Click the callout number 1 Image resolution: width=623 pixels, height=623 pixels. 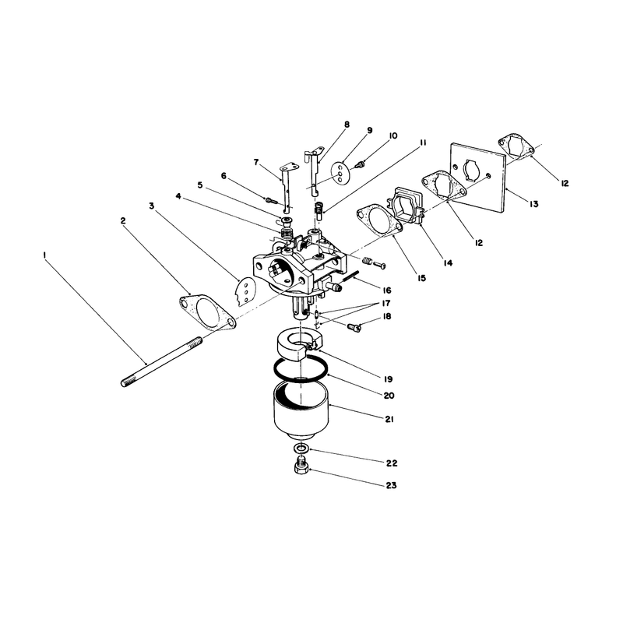click(45, 254)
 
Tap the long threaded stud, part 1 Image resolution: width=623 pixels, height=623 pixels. click(161, 362)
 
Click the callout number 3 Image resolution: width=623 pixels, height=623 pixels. click(151, 206)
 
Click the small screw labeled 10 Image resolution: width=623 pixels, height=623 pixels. click(361, 164)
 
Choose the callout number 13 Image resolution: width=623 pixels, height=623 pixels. click(533, 204)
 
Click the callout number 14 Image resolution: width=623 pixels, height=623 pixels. click(448, 263)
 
